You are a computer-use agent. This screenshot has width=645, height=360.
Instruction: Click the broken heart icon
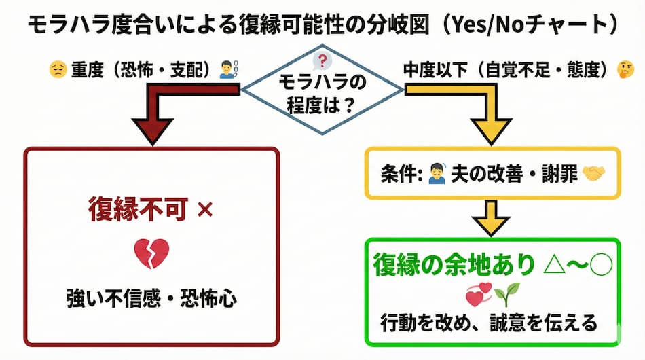[x=151, y=253]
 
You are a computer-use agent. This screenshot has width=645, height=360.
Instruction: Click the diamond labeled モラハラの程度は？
[x=322, y=92]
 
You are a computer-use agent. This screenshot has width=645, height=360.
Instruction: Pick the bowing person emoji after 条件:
[x=436, y=174]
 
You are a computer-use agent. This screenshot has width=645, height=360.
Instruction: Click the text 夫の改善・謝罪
[x=513, y=174]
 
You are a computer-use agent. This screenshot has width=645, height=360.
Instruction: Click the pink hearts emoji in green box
[x=478, y=293]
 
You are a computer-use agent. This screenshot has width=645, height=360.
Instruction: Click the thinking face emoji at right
[x=624, y=69]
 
